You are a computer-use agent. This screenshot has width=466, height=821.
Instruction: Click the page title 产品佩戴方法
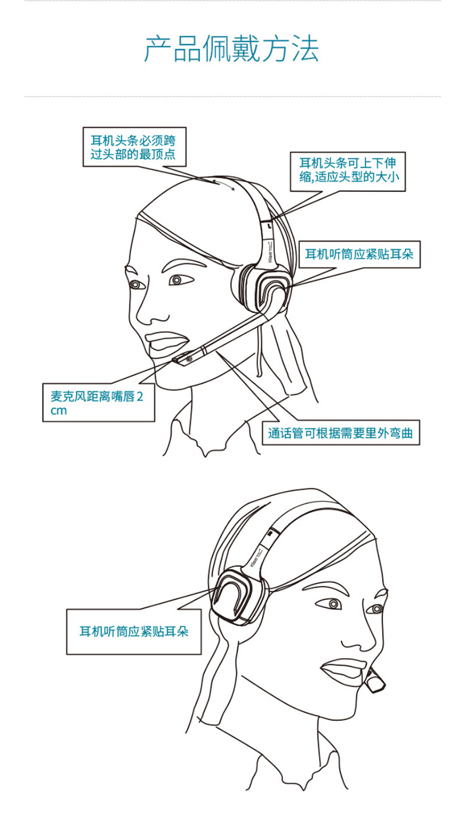pyautogui.click(x=231, y=48)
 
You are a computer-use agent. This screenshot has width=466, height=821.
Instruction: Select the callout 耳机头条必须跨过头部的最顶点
pyautogui.click(x=135, y=147)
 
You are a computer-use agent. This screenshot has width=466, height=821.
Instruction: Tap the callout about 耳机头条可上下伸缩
pyautogui.click(x=348, y=172)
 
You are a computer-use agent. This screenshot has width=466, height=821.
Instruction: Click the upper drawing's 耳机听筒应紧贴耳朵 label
pyautogui.click(x=359, y=254)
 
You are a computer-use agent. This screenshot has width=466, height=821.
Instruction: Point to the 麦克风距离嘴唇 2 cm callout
pyautogui.click(x=98, y=403)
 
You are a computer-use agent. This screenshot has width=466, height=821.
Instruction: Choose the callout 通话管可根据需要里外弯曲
pyautogui.click(x=341, y=433)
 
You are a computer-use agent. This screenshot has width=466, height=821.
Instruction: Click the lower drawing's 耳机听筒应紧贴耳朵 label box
pyautogui.click(x=134, y=631)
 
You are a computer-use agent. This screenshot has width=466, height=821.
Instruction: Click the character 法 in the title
pyautogui.click(x=305, y=48)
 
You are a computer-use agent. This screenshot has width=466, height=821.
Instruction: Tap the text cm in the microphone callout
pyautogui.click(x=59, y=411)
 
